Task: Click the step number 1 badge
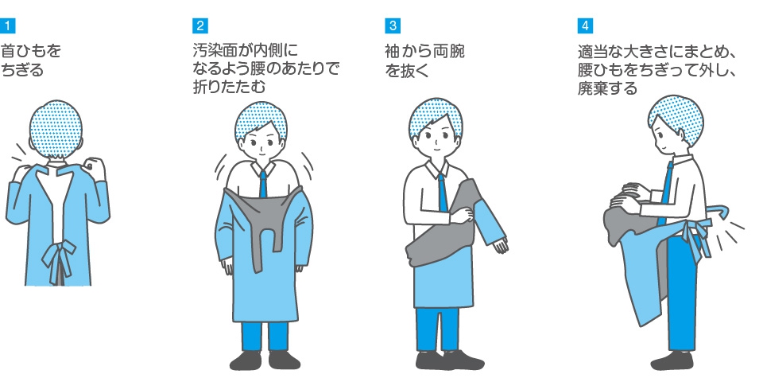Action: coord(7,25)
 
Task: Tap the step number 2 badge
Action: coord(200,25)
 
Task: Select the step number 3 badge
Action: coord(393,25)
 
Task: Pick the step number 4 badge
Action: coord(586,25)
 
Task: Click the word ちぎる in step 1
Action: coord(22,70)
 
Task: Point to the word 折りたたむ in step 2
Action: coord(229,88)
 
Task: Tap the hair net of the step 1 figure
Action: coord(56,129)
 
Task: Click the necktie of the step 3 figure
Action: coord(443,193)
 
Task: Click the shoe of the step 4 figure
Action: coord(672,361)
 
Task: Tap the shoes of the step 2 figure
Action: coord(265,360)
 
